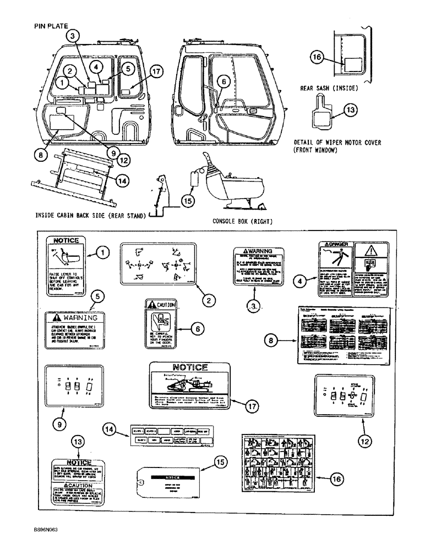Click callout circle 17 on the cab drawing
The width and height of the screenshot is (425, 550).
[x=156, y=71]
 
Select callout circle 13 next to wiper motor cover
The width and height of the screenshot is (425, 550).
[x=350, y=109]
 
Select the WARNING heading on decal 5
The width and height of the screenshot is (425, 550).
[x=75, y=318]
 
